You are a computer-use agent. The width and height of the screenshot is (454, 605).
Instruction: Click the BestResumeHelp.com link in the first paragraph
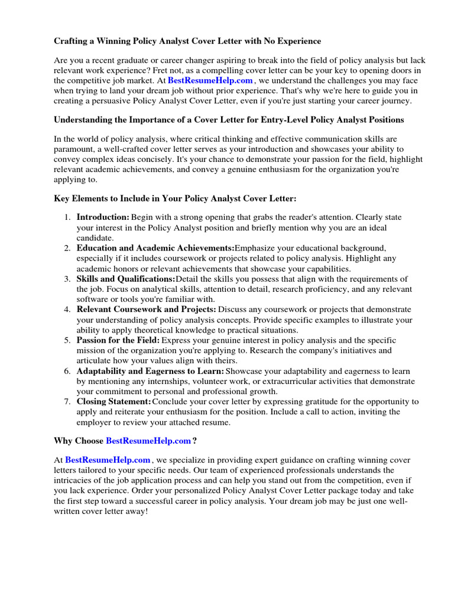click(x=210, y=80)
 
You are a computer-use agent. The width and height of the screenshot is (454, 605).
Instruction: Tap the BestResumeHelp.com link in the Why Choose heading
click(x=148, y=441)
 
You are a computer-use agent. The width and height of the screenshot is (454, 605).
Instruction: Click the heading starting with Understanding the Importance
click(x=229, y=120)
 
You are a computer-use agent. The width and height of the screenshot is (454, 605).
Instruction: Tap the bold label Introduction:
click(x=103, y=217)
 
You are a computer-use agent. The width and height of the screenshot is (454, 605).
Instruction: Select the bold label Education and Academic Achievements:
click(x=155, y=248)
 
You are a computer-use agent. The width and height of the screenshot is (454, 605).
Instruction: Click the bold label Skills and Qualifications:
click(x=126, y=279)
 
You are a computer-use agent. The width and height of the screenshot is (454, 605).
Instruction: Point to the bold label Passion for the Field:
click(x=118, y=340)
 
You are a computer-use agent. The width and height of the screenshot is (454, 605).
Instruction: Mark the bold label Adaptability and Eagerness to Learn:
click(x=150, y=371)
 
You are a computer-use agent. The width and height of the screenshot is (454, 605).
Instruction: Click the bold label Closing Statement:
click(x=114, y=402)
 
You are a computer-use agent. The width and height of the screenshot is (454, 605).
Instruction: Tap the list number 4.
click(x=67, y=310)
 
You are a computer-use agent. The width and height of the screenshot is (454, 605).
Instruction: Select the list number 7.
click(x=67, y=402)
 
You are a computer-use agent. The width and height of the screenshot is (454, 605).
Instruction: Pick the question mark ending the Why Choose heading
click(x=195, y=441)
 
